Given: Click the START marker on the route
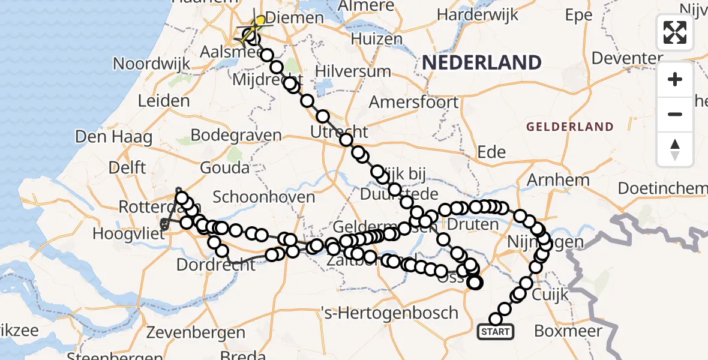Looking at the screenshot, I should coord(496,331).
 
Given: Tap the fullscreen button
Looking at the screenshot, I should coord(675,32).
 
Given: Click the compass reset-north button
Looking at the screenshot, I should coord(675,149).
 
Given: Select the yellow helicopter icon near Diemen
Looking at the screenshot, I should coord(257,25).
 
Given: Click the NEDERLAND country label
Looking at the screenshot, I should coord(482,62).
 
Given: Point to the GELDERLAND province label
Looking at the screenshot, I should coord(570,127).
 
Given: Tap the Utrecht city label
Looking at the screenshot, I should coord(340,131).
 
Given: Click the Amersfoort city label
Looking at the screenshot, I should coord(413,102).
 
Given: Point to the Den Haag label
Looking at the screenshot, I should coord(113,137).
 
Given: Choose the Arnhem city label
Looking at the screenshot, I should coord(558,179).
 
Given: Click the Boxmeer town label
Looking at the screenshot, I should coord(567,331).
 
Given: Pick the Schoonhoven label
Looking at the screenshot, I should coord(264,197).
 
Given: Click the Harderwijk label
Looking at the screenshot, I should coord(478,14).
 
